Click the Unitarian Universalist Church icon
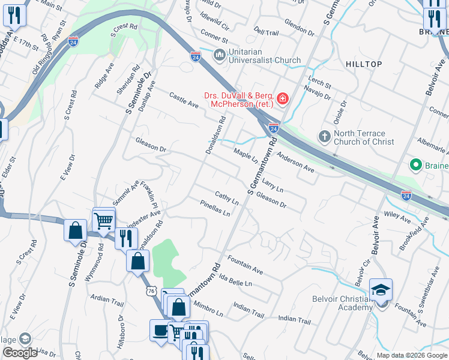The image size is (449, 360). pos(219,55)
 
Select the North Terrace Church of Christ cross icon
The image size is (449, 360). pos(324,137)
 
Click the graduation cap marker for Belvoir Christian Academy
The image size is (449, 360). pos(381,290)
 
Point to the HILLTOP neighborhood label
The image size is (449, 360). pos(364,64)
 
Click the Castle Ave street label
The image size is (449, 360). pos(184,100)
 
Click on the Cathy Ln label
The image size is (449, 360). pos(227,198)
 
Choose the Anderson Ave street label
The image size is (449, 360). pos(295,165)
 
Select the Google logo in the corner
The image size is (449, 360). pos(20,353)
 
